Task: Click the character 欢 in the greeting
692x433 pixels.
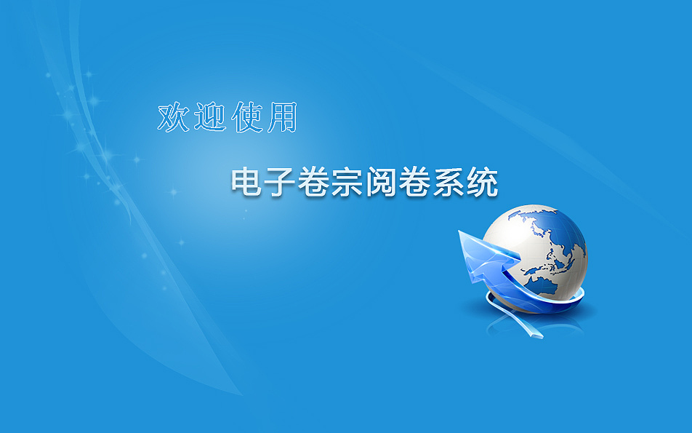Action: (174, 118)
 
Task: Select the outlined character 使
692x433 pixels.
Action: (248, 118)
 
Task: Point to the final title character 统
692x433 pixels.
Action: (481, 182)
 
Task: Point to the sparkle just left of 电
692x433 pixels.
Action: (173, 192)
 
